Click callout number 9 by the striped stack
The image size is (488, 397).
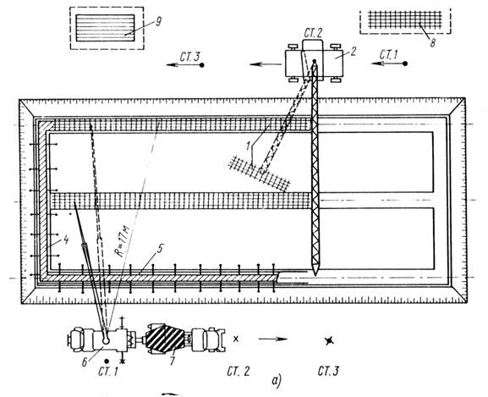tap(158, 21)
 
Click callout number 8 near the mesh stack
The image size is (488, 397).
tap(432, 43)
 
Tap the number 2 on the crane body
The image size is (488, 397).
tap(353, 52)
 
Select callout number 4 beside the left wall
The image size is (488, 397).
tap(65, 240)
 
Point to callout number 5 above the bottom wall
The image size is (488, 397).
tap(160, 249)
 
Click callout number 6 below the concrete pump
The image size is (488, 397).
tap(85, 362)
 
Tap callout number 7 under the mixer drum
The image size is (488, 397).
tap(172, 361)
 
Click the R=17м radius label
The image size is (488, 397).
tap(123, 242)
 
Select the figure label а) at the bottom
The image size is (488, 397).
tap(277, 381)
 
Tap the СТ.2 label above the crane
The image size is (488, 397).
tap(313, 33)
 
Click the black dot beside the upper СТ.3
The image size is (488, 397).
tap(201, 65)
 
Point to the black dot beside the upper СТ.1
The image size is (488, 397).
tap(405, 63)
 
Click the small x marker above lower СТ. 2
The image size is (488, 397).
tap(236, 339)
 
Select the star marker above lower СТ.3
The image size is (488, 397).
tap(329, 341)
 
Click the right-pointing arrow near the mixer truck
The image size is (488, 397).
tap(272, 339)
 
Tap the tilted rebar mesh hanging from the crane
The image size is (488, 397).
tap(260, 173)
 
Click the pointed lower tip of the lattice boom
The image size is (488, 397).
tap(315, 275)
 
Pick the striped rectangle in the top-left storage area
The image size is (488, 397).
tap(106, 28)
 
